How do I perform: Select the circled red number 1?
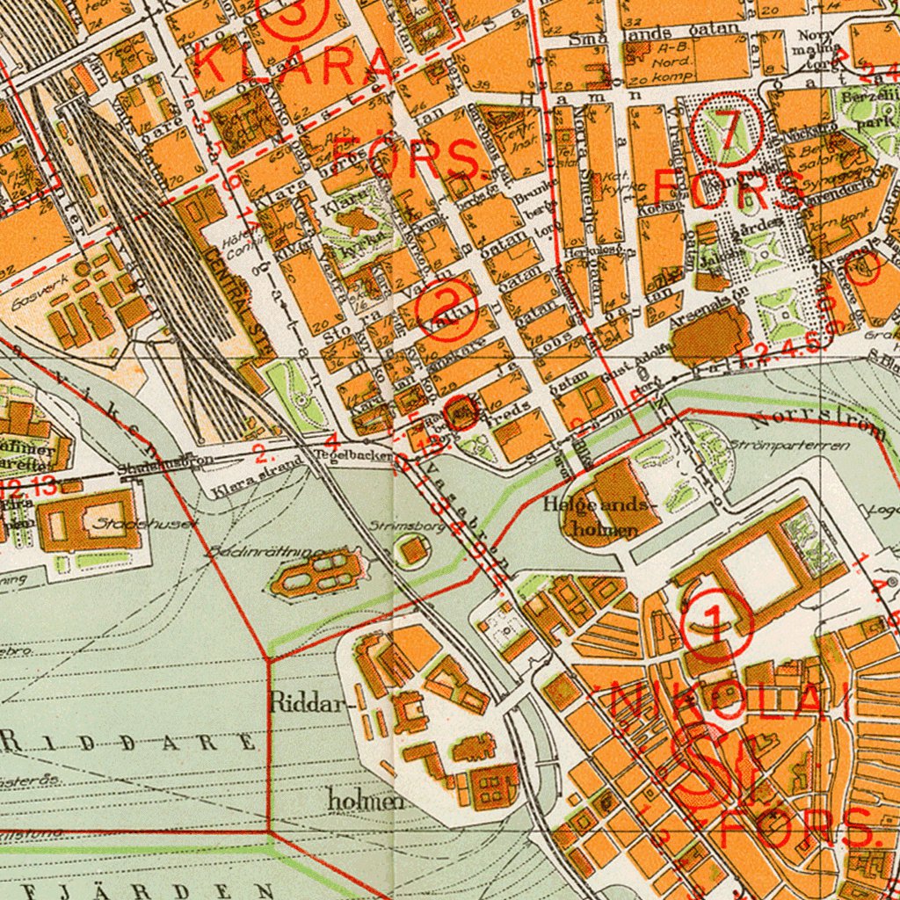(716, 625)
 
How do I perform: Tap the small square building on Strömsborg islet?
(411, 551)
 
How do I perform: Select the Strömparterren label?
(789, 446)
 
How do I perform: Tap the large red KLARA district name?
(294, 63)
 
